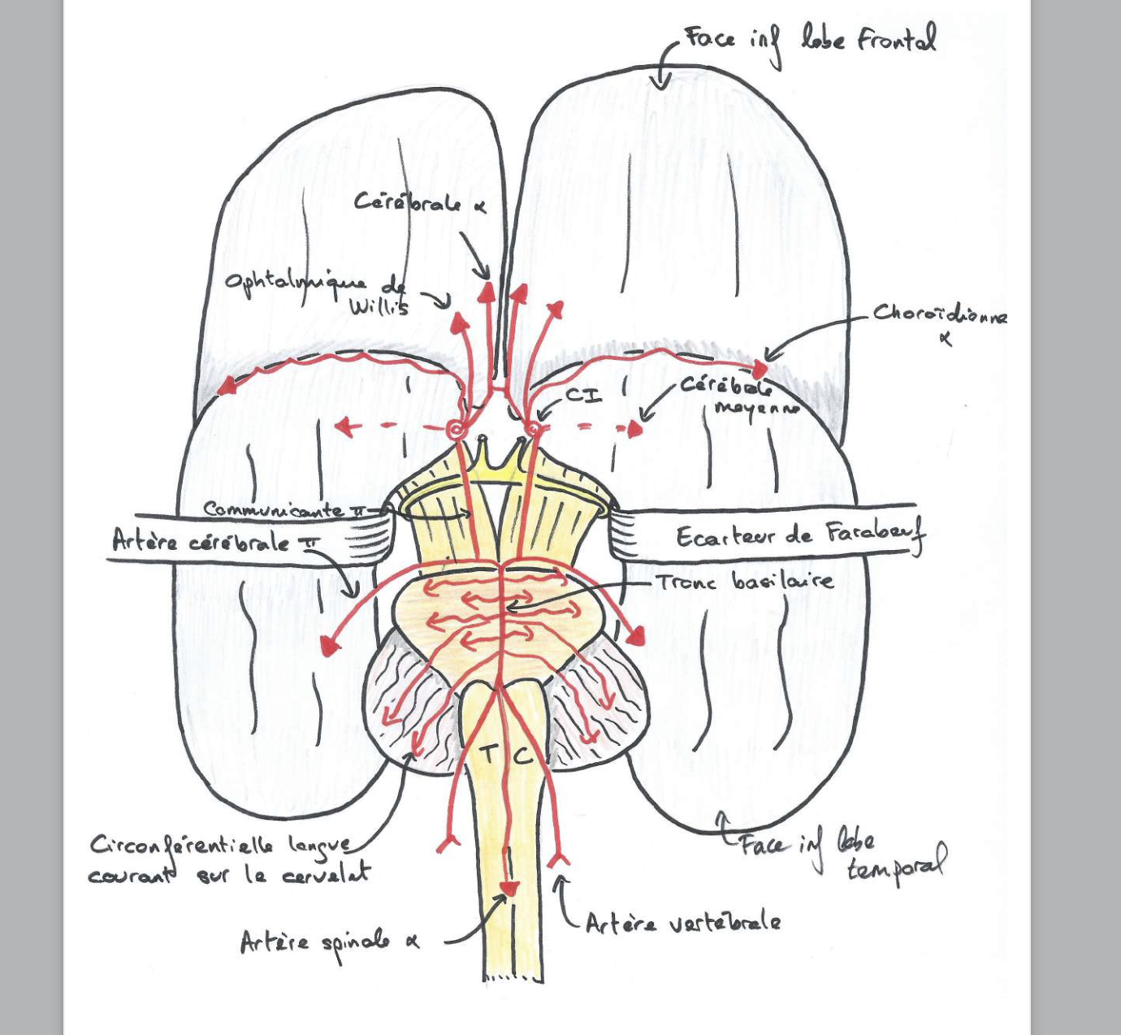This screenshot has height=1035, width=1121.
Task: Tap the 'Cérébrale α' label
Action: coord(419,202)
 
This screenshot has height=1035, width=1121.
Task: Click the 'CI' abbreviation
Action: coord(582,396)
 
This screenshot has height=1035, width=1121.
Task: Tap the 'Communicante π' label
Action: coord(284,510)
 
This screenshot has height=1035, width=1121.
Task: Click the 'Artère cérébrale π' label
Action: coord(213,541)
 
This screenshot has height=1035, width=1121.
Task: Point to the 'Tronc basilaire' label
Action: coord(744,581)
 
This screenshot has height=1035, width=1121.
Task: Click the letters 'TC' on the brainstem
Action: coord(504,755)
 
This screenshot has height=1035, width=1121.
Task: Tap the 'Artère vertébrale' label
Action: coord(682,923)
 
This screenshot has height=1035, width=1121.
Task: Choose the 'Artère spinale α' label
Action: coord(330,942)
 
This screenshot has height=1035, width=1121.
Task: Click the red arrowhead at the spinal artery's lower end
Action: coord(509,889)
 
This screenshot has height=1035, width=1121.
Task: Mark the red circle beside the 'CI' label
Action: coord(534,428)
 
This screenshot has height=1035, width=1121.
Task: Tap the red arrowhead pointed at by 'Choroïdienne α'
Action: coord(760,370)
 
